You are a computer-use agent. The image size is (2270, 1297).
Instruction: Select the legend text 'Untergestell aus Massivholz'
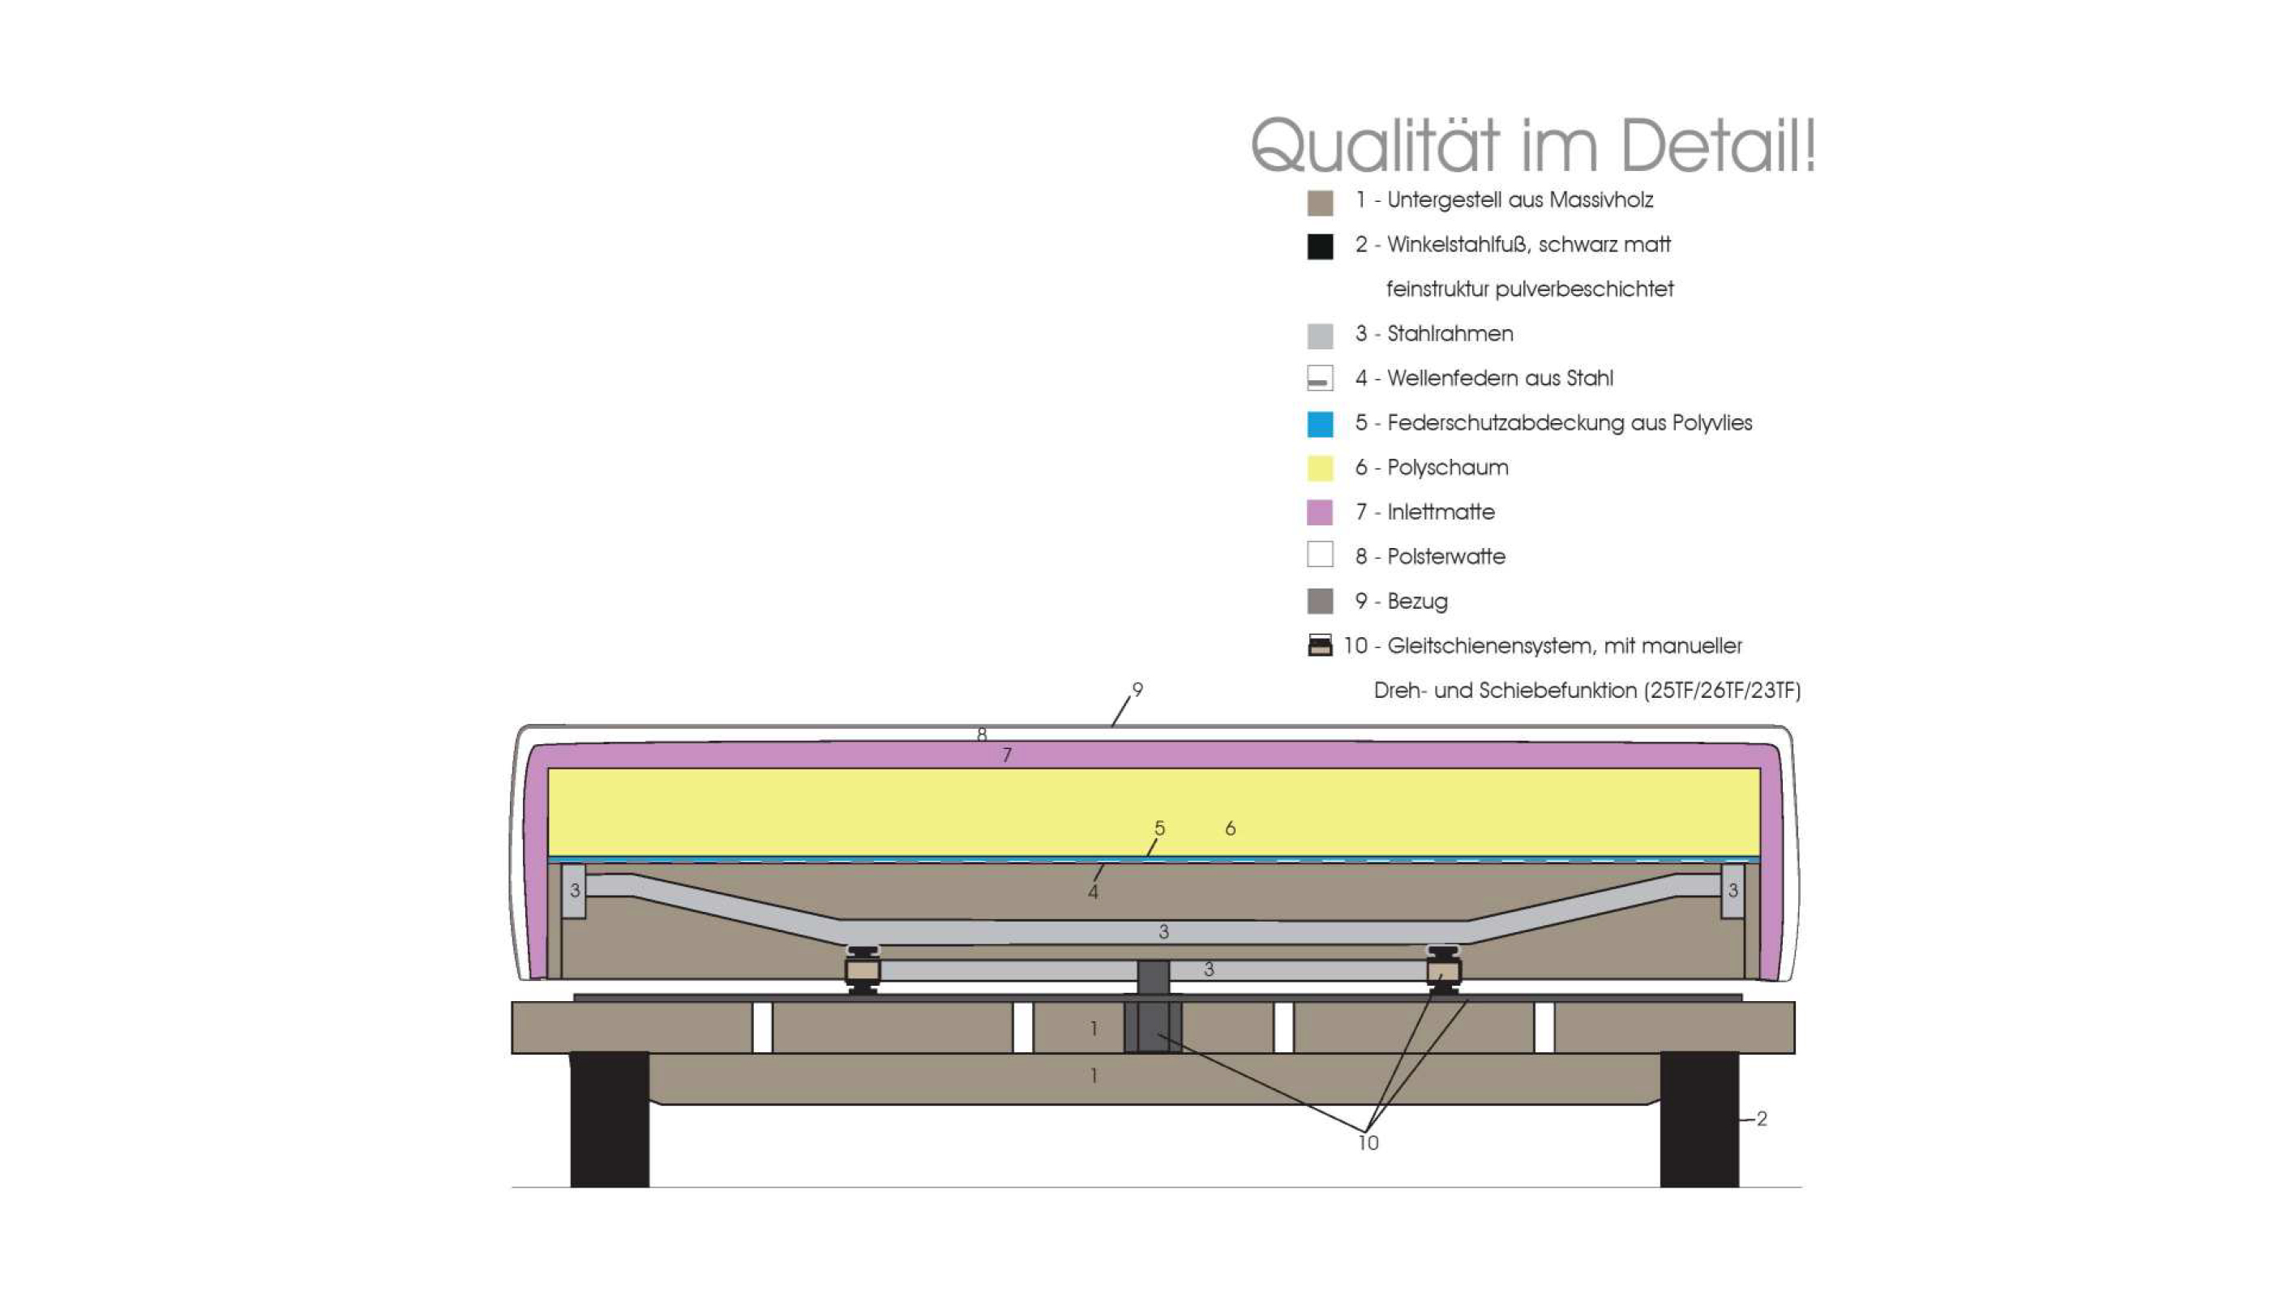point(1520,200)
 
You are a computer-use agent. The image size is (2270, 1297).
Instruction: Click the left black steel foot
point(610,1119)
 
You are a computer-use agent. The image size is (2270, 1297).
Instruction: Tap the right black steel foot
point(1699,1119)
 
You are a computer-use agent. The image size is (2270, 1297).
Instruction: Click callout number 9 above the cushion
point(1137,690)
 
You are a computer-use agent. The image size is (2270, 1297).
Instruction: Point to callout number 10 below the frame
point(1368,1143)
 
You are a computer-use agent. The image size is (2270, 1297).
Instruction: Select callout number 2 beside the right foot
point(1762,1119)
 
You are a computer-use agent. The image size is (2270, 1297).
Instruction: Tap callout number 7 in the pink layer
point(1007,756)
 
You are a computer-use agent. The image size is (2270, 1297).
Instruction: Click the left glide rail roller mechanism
point(863,970)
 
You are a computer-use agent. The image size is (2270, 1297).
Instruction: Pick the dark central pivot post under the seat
point(1153,1006)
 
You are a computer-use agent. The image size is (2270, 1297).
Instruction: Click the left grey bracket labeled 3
point(574,891)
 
